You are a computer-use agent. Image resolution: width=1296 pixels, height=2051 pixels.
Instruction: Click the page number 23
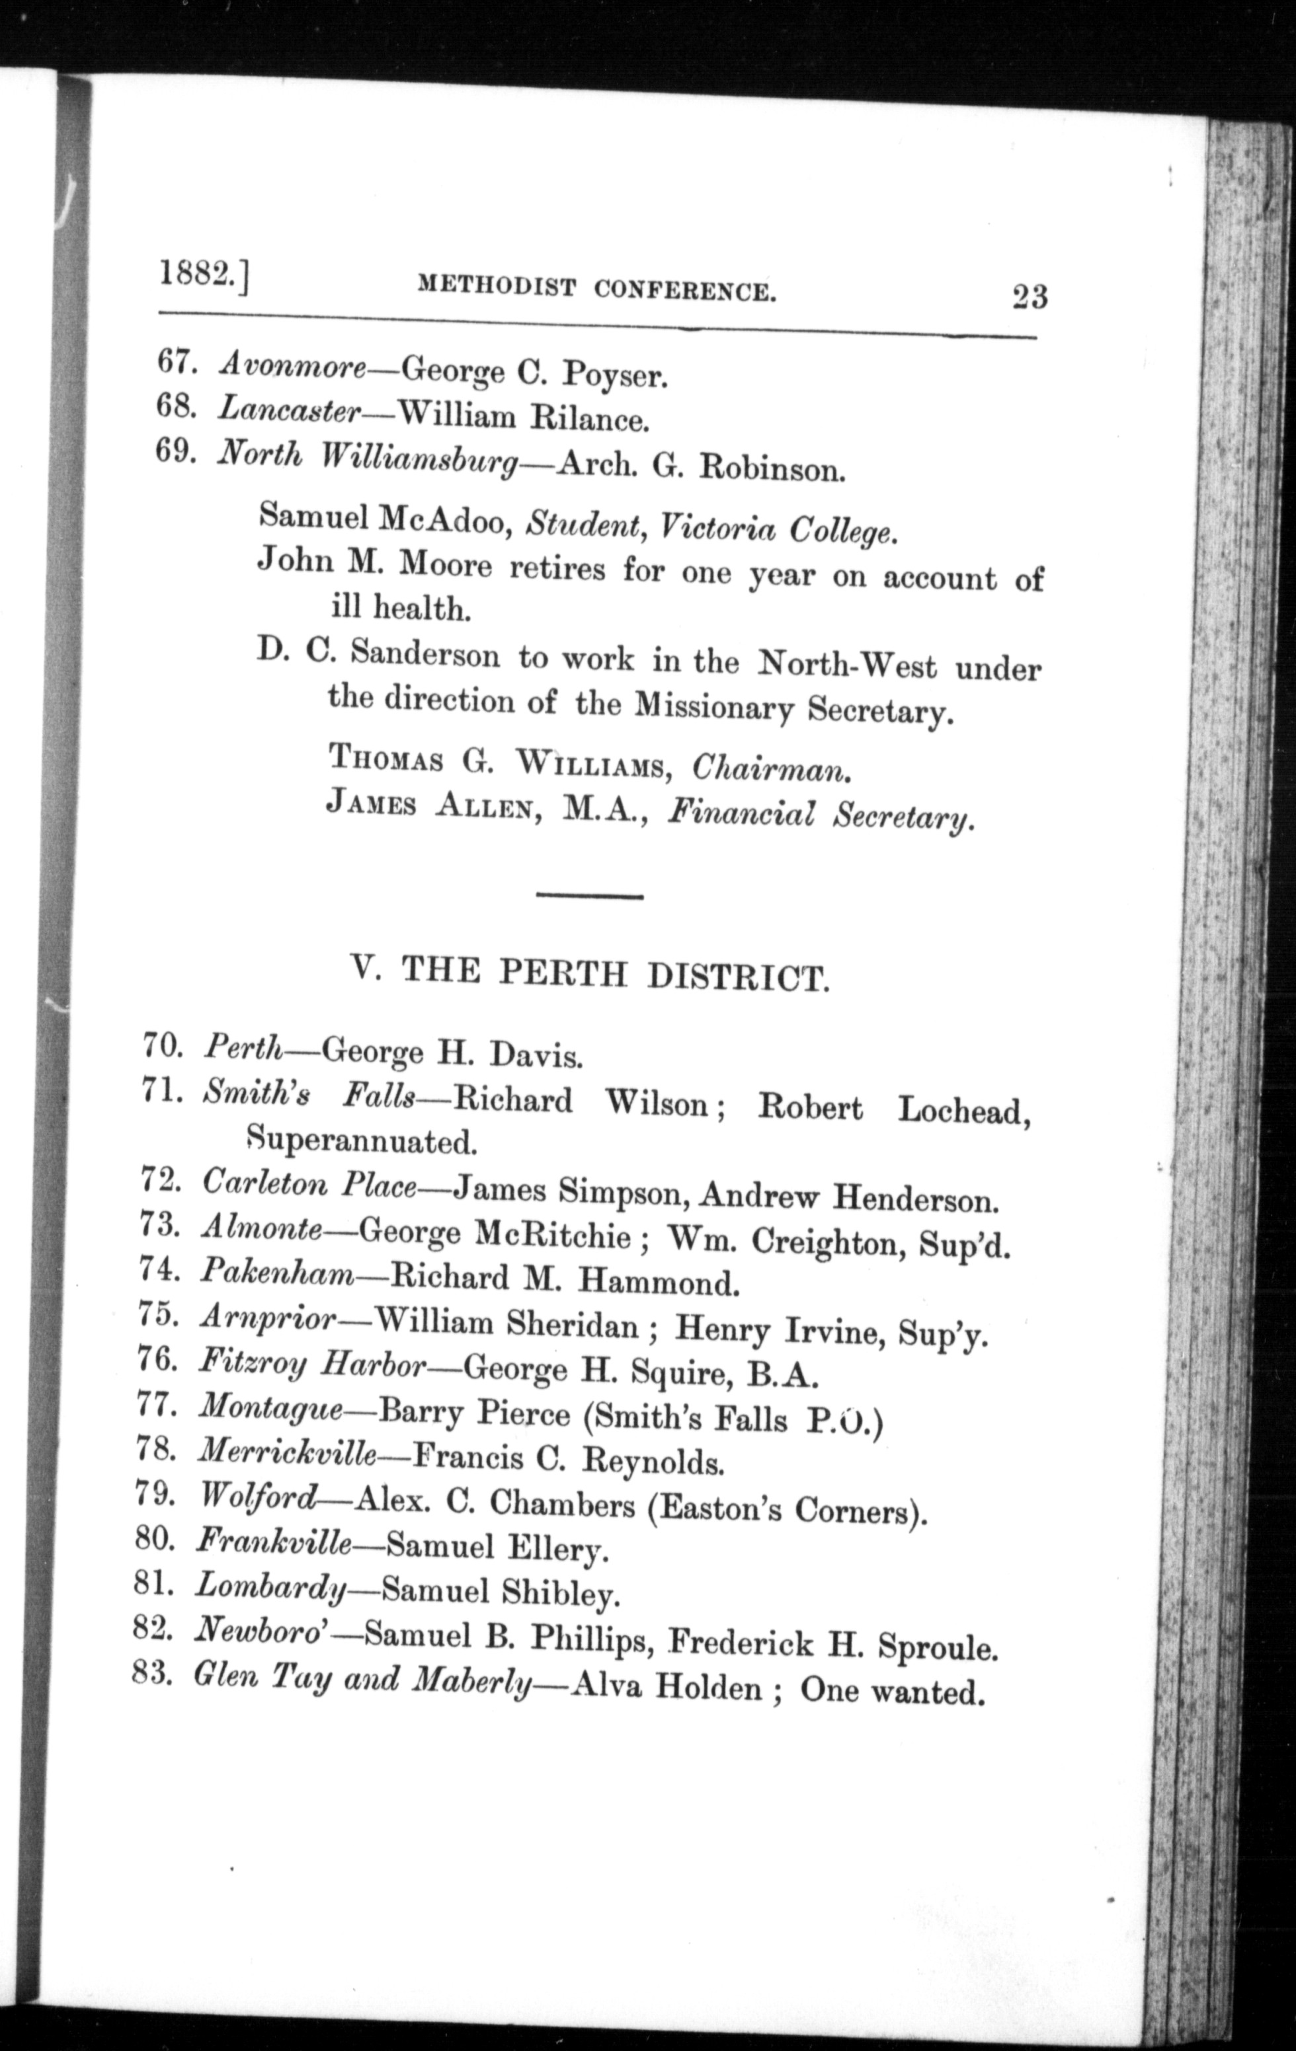point(1030,297)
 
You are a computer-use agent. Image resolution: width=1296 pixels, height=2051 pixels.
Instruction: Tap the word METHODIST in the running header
point(496,289)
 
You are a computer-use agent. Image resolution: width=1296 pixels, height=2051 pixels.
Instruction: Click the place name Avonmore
point(292,365)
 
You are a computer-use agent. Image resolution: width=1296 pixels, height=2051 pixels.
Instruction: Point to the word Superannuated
point(360,1140)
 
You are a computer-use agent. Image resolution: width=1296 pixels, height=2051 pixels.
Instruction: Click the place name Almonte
point(262,1229)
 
